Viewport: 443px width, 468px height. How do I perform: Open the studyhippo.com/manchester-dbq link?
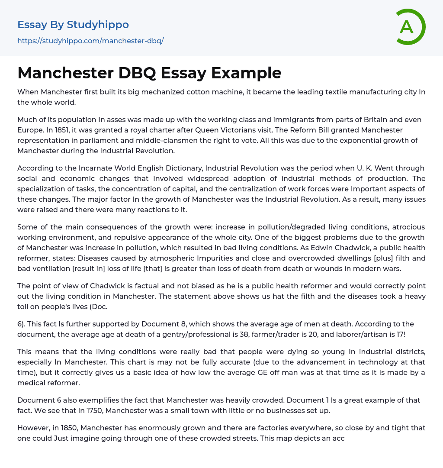[90, 41]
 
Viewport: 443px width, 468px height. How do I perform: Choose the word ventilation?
[57, 268]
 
